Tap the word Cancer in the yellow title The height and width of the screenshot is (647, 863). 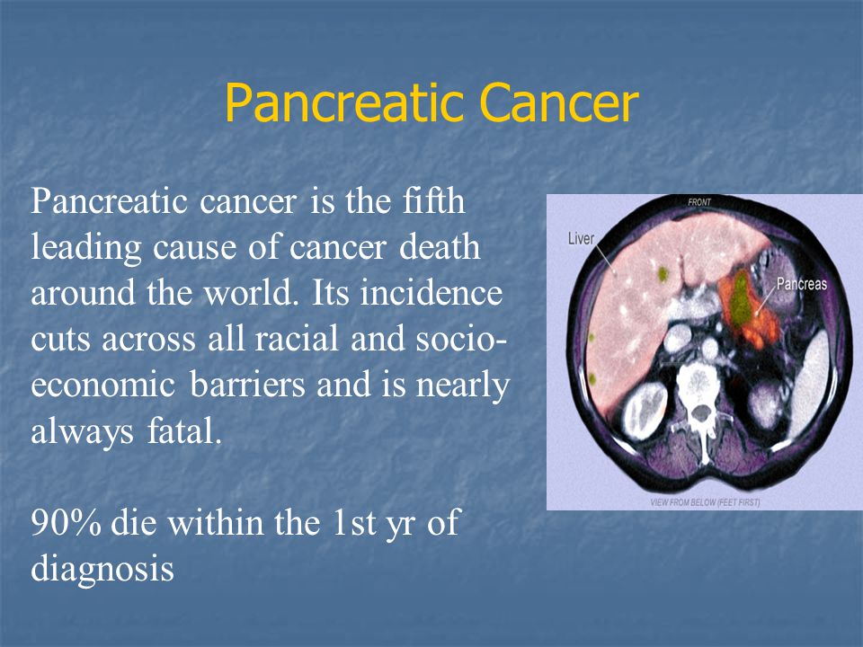(x=559, y=102)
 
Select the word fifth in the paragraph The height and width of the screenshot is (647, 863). (x=433, y=200)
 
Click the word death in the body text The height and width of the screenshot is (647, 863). (x=440, y=246)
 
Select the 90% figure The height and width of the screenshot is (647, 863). (x=66, y=522)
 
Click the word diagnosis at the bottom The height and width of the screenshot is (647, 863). (x=102, y=568)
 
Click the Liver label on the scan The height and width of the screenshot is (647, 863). (x=582, y=238)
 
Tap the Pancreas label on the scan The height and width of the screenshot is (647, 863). (x=801, y=283)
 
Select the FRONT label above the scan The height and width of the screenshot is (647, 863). (x=699, y=202)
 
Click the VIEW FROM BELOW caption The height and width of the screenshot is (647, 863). (x=705, y=501)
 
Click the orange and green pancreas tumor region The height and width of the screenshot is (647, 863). (x=748, y=307)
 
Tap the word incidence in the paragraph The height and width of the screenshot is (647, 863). (x=431, y=292)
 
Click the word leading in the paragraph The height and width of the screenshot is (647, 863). (x=86, y=246)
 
